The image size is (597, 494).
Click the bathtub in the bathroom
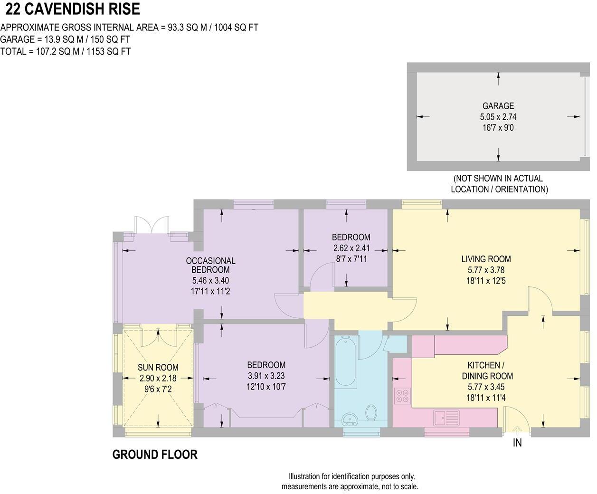346,361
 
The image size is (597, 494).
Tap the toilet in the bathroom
371,412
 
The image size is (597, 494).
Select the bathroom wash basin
350,419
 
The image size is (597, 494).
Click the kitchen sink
446,418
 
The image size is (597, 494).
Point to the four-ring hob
402,396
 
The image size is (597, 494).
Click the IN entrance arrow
517,430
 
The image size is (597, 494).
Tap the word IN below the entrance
517,443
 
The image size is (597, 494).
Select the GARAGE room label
498,106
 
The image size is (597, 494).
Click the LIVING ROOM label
486,259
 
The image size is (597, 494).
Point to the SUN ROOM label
158,367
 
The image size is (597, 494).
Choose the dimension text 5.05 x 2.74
498,117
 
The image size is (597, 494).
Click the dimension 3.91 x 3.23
266,376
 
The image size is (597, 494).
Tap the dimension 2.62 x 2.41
351,248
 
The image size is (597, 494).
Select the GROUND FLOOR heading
155,455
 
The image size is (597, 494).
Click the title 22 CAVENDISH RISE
73,9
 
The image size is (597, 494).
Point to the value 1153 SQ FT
109,51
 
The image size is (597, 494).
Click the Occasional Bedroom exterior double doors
152,225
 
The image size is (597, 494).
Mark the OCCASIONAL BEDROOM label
210,265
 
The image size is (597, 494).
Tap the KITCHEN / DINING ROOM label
487,370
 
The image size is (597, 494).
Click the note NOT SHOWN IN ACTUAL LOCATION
499,184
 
